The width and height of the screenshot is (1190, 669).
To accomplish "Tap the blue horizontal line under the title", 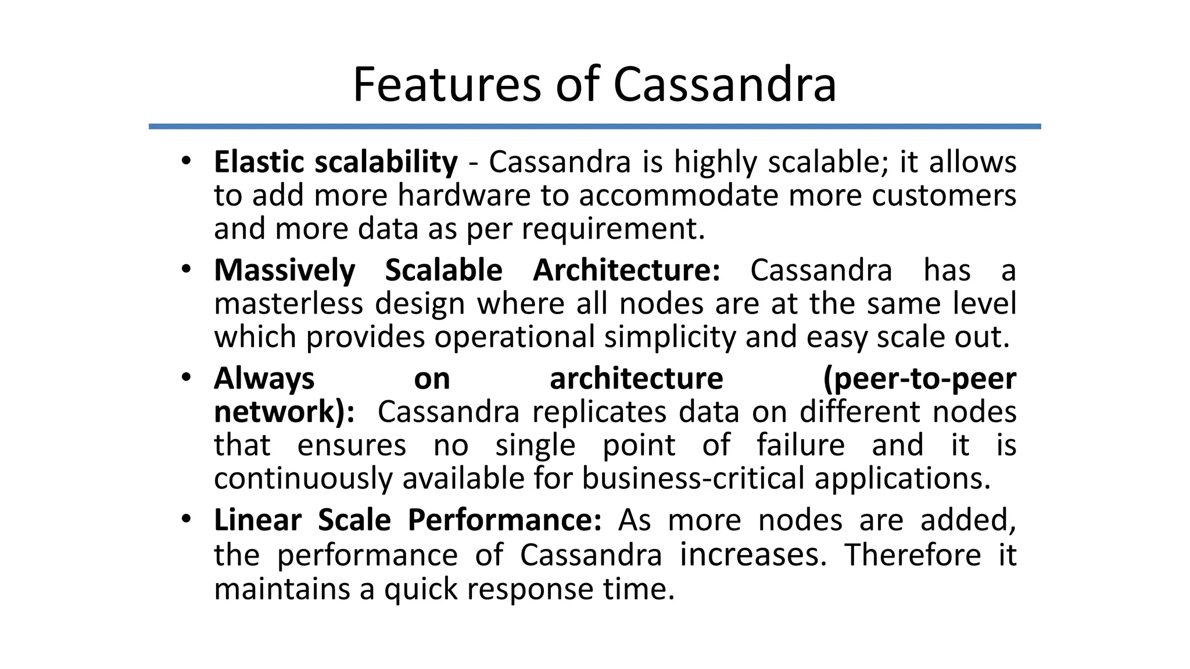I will tap(594, 126).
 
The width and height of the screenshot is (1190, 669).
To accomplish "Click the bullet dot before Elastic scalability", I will tap(185, 160).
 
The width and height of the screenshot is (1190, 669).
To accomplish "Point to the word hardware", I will tap(464, 195).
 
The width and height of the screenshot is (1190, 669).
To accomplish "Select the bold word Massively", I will tap(285, 270).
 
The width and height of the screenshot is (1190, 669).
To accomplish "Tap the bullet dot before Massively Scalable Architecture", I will tap(185, 269).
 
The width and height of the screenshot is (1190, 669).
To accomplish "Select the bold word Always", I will tap(264, 379).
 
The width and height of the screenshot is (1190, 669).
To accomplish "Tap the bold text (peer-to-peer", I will tap(919, 379).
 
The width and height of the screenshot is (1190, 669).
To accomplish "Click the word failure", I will tap(800, 445).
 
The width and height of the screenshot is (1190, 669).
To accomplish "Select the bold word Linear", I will tap(257, 520).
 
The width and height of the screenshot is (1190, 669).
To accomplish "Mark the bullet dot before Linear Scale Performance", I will tap(185, 519).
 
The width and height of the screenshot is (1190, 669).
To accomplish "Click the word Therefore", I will tap(913, 555).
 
